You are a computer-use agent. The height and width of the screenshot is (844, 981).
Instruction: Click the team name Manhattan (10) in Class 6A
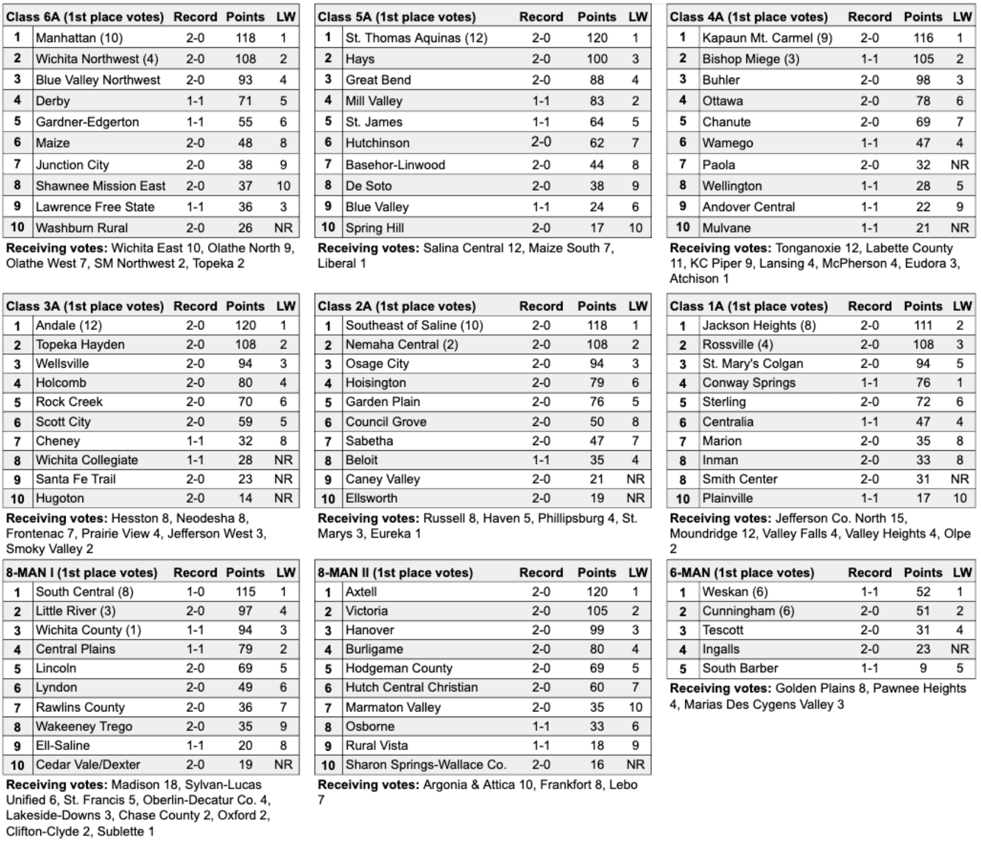pos(79,38)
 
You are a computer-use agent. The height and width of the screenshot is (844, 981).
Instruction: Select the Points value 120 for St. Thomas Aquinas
pos(597,38)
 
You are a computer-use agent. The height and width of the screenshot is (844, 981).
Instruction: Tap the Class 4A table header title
pos(748,17)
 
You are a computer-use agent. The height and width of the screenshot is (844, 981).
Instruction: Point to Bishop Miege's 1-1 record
pos(869,59)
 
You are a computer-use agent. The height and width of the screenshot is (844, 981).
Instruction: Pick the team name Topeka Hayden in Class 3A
pos(80,345)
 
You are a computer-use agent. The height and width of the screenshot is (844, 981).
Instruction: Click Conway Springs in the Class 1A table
pos(748,383)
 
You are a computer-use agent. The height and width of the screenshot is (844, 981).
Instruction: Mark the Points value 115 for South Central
pos(245,592)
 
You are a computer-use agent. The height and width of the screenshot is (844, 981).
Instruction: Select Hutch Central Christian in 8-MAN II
pos(411,687)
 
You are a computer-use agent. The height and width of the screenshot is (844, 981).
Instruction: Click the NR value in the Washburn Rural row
pos(283,228)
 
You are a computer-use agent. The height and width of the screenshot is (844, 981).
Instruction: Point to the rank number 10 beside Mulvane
pos(682,228)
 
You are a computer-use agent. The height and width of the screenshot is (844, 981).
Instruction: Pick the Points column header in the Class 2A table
pos(597,306)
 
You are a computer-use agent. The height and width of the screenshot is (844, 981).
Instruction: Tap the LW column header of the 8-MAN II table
pos(637,572)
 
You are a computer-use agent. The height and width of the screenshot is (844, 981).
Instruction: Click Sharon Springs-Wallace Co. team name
pos(425,765)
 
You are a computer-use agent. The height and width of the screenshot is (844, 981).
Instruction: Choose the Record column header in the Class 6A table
pos(195,17)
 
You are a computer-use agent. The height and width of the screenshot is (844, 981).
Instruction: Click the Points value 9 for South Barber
pos(923,669)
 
